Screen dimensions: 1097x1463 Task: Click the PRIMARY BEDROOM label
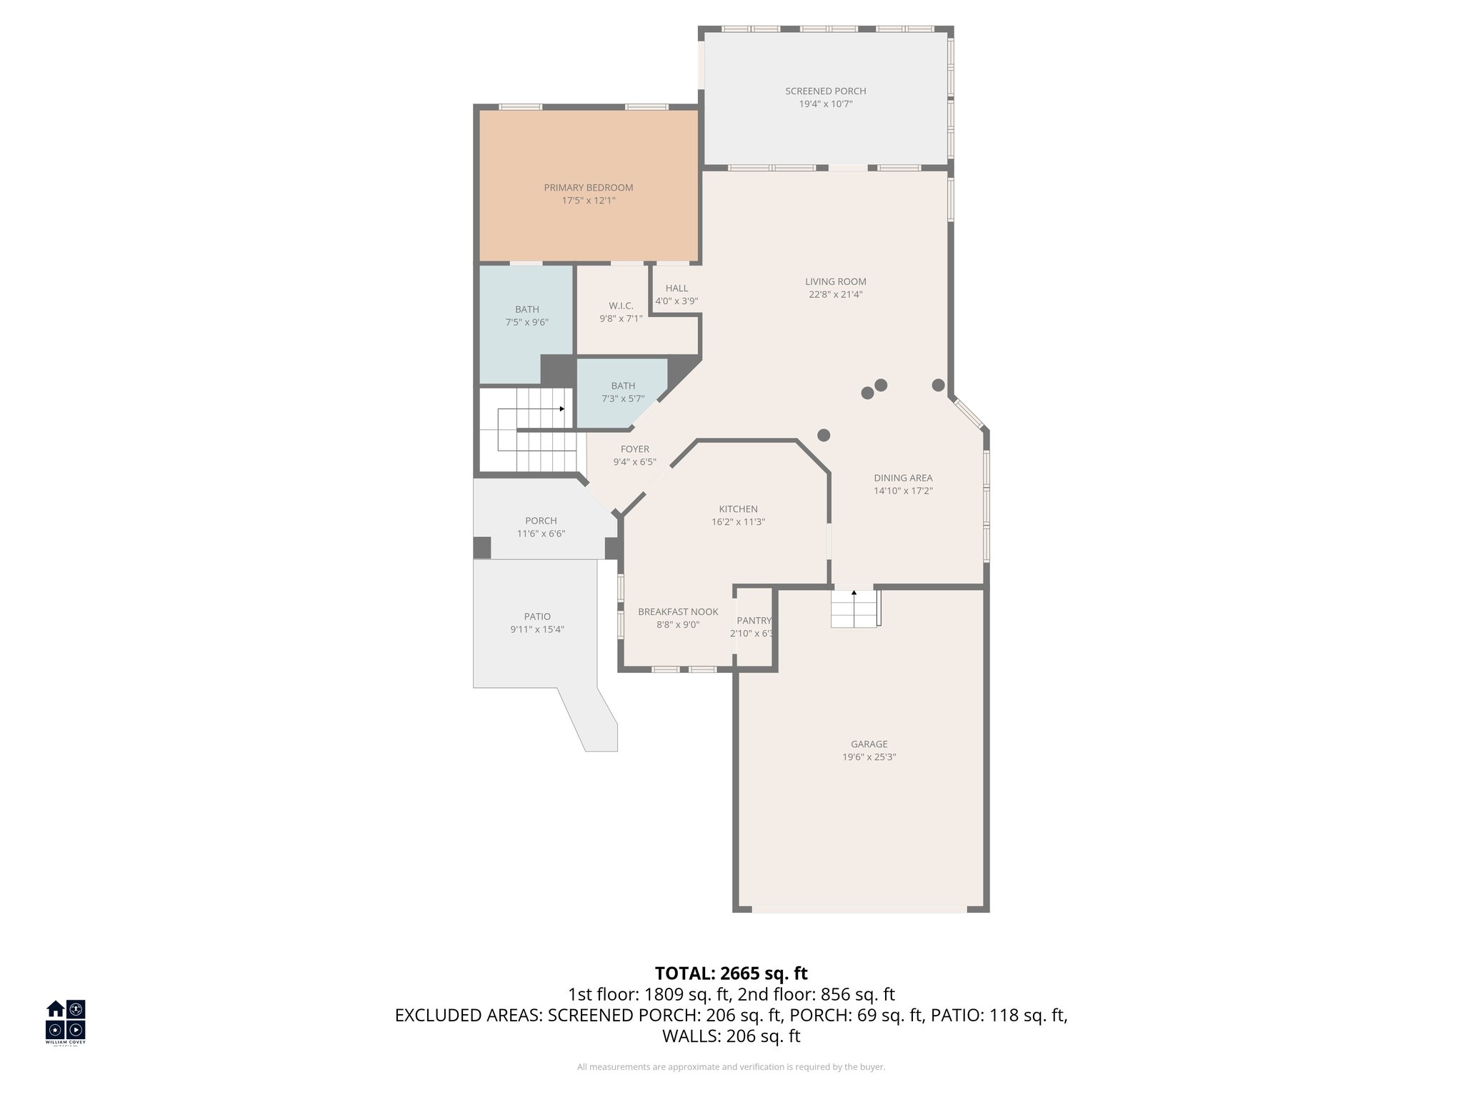(588, 188)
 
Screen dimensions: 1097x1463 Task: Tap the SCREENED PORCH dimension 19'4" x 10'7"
(825, 104)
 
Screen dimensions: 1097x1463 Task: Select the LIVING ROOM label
(835, 281)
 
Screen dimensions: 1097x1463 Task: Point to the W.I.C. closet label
(621, 306)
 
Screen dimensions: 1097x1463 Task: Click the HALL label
(676, 289)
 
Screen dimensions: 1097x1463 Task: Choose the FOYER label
(634, 449)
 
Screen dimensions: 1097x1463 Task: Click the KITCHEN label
(738, 509)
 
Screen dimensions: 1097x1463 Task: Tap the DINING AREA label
(903, 478)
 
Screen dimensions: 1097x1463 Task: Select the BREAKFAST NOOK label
(677, 612)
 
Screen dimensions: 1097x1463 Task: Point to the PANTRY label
(754, 621)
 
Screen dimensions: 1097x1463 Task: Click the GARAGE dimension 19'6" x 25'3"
(869, 757)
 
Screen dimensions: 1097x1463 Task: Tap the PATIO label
(537, 616)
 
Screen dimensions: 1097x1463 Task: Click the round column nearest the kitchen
(824, 435)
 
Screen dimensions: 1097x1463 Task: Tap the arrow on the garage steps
(854, 592)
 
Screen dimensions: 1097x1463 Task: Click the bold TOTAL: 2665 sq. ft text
(731, 973)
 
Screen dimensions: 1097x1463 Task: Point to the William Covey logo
(66, 1021)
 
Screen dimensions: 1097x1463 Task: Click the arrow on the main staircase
(562, 409)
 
